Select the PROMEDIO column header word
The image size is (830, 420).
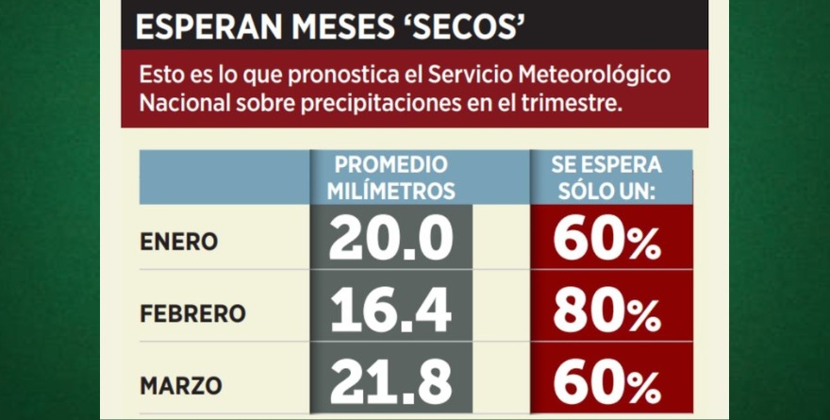click(391, 164)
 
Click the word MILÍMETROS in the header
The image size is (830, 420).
click(391, 191)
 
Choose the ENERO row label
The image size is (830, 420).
click(179, 242)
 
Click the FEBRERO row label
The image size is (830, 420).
click(192, 313)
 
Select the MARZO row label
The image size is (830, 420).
click(181, 385)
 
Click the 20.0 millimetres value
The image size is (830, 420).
click(390, 241)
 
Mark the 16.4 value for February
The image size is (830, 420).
click(390, 312)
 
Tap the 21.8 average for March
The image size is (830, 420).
click(390, 384)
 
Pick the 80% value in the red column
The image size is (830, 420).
click(607, 313)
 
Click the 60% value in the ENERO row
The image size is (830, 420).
click(607, 242)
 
